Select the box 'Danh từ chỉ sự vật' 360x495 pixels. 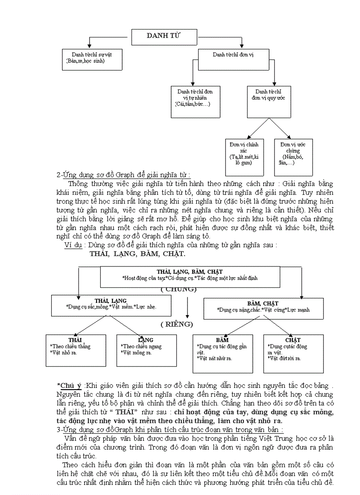(x=91, y=59)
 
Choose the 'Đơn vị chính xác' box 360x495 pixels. (x=244, y=157)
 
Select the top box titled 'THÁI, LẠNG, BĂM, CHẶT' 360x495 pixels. (x=190, y=275)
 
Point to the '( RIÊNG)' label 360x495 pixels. (x=176, y=324)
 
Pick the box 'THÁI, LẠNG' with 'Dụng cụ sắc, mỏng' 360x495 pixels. (x=111, y=305)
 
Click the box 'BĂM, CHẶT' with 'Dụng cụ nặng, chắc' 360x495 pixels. (x=263, y=308)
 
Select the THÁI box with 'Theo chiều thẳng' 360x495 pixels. (x=76, y=350)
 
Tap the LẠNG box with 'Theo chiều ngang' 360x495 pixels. (x=146, y=350)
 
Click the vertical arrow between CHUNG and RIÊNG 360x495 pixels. (x=187, y=308)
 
